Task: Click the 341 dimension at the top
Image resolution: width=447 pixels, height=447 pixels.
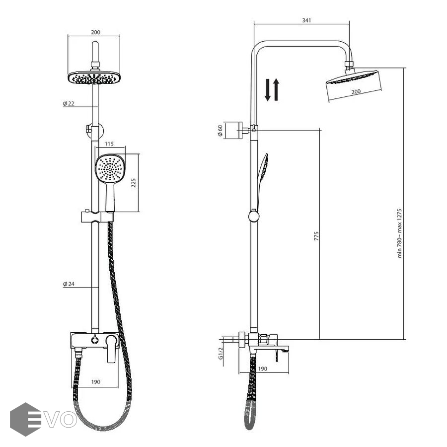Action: [x=306, y=20]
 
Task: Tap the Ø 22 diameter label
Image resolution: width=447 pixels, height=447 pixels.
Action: [x=69, y=103]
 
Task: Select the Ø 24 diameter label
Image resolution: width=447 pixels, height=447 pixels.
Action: [x=69, y=284]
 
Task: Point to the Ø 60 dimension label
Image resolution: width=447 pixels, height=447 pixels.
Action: [x=220, y=131]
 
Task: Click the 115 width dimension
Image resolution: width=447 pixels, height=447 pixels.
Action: [x=109, y=144]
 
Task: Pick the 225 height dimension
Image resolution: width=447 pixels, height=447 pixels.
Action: [x=134, y=183]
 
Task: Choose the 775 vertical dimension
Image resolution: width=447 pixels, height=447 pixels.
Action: [x=316, y=236]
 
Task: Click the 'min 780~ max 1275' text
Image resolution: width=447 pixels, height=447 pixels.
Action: [x=400, y=233]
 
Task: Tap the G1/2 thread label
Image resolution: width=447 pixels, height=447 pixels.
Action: [x=221, y=354]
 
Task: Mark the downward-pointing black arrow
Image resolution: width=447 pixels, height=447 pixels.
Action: [x=267, y=90]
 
